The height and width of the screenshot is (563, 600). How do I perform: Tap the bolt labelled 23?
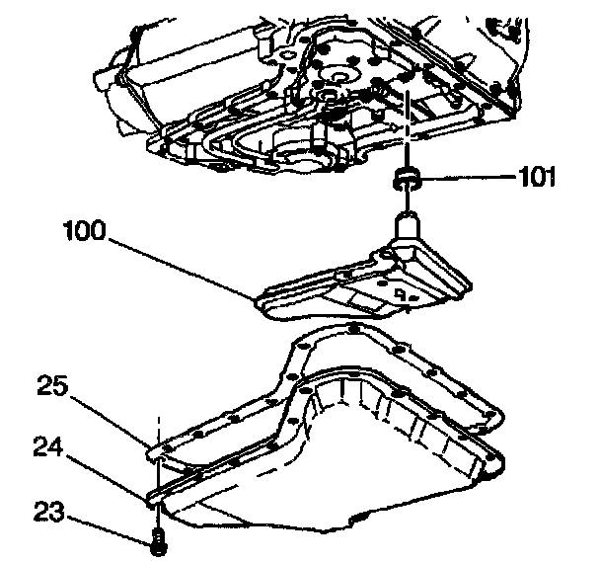pos(157,539)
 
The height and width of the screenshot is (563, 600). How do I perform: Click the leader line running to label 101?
pos(464,179)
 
